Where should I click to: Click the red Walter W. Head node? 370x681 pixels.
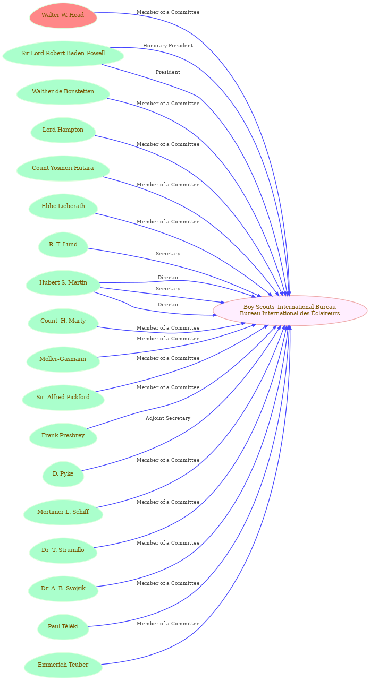coord(63,15)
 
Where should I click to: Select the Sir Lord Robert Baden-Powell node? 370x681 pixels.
coord(63,54)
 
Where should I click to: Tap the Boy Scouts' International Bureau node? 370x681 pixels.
coord(290,310)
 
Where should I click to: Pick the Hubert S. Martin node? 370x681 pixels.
coord(63,283)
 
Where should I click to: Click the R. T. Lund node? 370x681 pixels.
coord(63,245)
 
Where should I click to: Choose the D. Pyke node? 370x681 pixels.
coord(63,473)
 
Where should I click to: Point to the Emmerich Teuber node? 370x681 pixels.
coord(63,665)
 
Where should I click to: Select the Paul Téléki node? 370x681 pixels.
coord(63,626)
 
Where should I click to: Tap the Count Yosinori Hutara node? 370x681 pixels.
coord(63,168)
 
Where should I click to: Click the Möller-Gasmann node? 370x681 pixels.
coord(63,359)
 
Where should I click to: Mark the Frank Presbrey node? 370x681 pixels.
coord(63,435)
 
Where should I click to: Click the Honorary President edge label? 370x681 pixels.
coord(168,46)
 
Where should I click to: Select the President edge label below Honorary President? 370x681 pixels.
coord(168,72)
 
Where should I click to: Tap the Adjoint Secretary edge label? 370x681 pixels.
coord(168,418)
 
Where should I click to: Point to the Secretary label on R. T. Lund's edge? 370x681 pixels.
coord(168,254)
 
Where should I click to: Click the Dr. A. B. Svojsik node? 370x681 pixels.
coord(63,588)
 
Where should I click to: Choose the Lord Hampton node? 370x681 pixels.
coord(63,130)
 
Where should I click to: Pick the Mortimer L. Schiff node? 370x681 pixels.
coord(63,512)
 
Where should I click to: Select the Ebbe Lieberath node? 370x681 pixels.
coord(63,206)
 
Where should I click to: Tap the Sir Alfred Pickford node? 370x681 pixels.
coord(63,398)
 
